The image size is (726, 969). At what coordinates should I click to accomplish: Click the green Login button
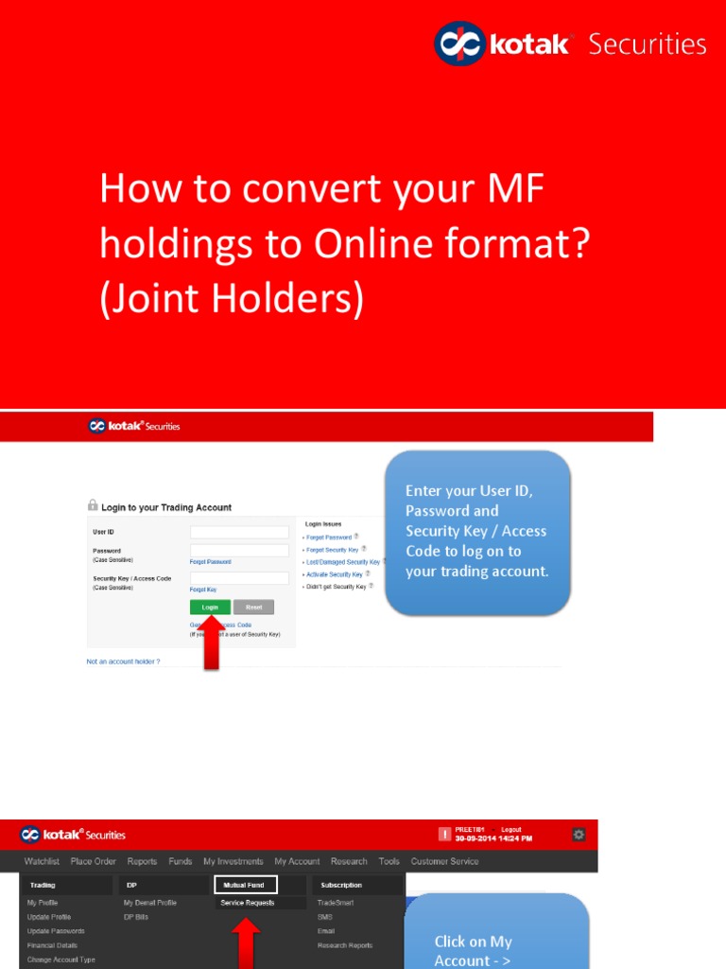[210, 607]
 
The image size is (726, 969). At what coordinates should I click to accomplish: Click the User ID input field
[239, 532]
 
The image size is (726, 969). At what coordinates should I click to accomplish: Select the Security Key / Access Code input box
[239, 577]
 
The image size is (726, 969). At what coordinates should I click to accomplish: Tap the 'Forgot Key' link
[203, 590]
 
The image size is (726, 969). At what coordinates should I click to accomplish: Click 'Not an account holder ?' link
[123, 661]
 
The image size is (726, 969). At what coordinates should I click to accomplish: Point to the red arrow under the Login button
[211, 644]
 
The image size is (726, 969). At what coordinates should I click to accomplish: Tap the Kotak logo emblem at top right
[458, 44]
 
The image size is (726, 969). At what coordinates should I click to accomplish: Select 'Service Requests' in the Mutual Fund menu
[248, 903]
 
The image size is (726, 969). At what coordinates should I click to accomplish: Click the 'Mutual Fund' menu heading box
[245, 885]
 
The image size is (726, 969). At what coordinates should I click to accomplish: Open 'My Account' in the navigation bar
[297, 861]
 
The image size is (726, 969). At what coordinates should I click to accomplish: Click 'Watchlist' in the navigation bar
[42, 861]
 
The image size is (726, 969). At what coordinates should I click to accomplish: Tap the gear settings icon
[579, 834]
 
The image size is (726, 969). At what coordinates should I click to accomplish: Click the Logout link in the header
[510, 830]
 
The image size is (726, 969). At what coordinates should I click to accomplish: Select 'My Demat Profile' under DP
[150, 903]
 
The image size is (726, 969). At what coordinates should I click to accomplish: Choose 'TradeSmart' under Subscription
[336, 903]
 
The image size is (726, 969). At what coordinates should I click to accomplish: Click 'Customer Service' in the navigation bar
[444, 861]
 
